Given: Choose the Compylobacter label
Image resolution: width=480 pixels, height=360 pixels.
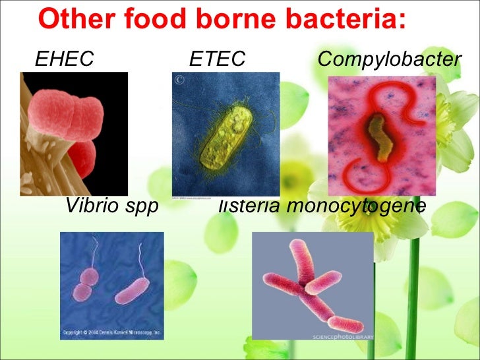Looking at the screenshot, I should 389,61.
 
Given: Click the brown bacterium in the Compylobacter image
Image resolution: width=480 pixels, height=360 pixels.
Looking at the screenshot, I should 378,135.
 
